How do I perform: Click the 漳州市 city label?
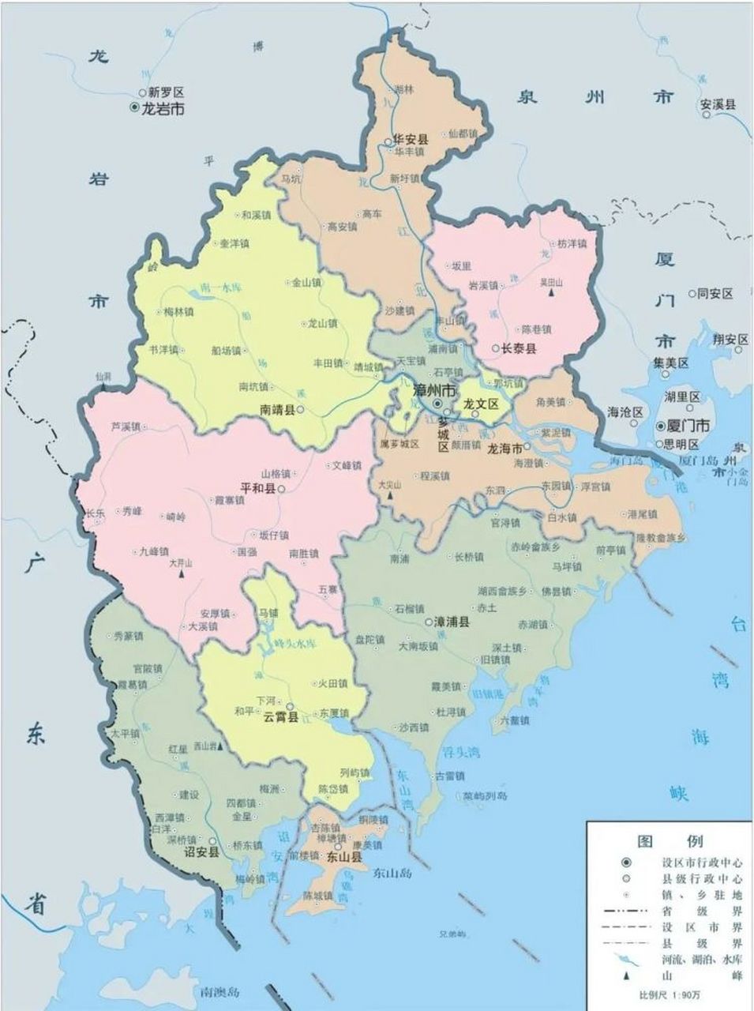click(x=436, y=390)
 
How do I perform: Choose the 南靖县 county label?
click(x=277, y=410)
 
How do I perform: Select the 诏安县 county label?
click(x=200, y=852)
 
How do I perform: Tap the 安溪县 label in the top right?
click(x=718, y=103)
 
